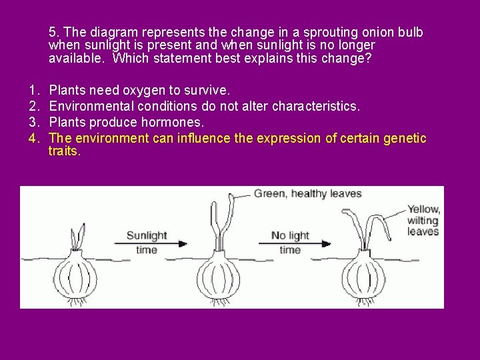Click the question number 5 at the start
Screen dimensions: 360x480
pos(53,32)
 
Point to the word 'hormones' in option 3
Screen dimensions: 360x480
pos(180,122)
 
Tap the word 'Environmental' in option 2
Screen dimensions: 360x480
pos(91,106)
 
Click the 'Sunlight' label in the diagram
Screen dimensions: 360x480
pos(146,235)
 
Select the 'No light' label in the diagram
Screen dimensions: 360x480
pos(290,235)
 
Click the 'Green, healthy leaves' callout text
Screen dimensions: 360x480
pos(308,194)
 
